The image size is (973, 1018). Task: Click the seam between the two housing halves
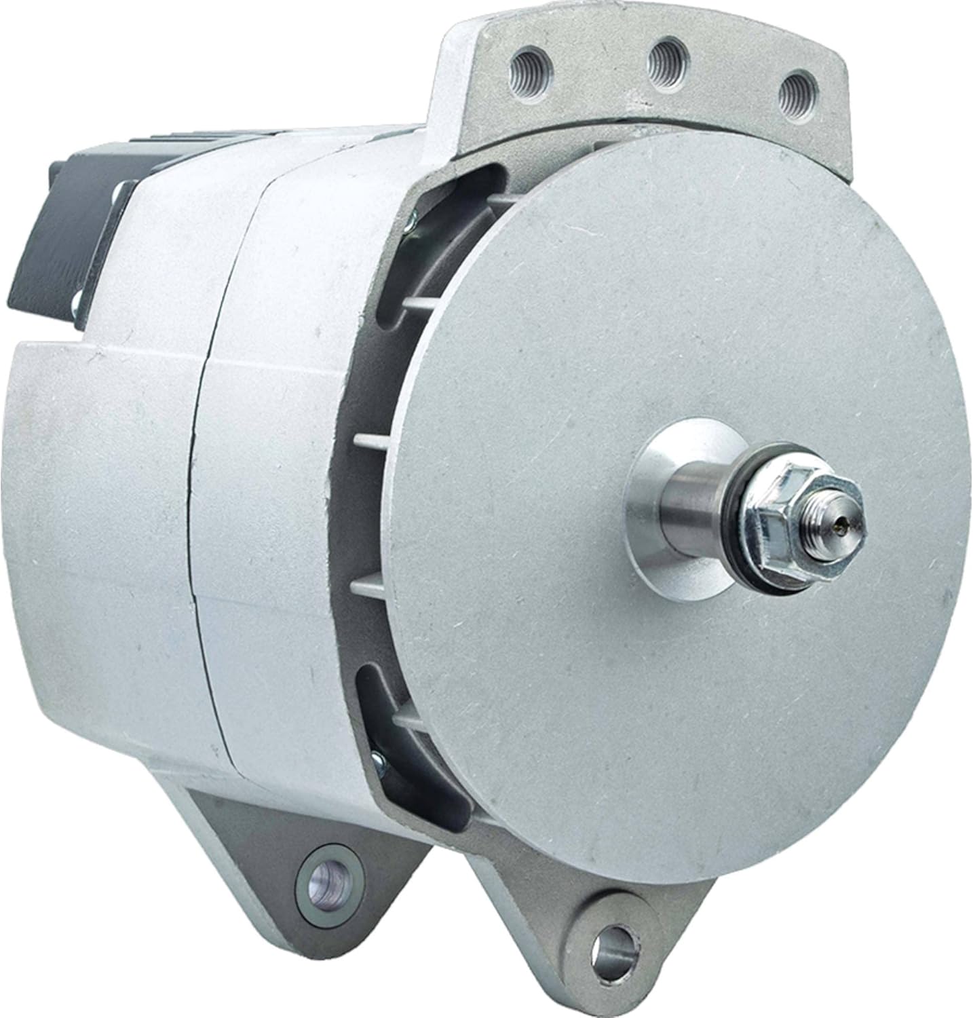pos(204,543)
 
